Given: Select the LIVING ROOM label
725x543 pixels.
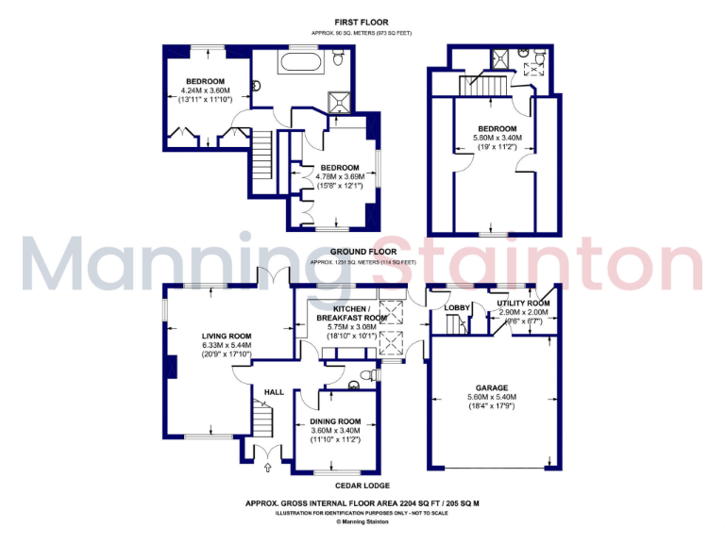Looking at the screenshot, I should [x=227, y=336].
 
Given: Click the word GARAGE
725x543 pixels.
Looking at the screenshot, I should [x=492, y=387].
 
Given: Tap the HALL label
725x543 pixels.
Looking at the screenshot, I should [x=274, y=392].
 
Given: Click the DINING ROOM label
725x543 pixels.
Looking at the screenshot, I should [x=335, y=420].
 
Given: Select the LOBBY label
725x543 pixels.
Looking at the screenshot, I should [x=457, y=307].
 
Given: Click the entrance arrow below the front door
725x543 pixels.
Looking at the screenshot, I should [x=267, y=466].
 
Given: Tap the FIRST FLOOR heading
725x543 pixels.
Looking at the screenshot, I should [x=362, y=22].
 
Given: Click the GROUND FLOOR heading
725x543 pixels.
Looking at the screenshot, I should [x=362, y=252].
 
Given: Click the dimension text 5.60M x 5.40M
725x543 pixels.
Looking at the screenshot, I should [x=492, y=397].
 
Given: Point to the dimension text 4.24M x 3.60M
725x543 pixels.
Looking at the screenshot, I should [x=205, y=90].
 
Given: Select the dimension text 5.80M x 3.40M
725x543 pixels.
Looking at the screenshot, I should [x=497, y=138].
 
